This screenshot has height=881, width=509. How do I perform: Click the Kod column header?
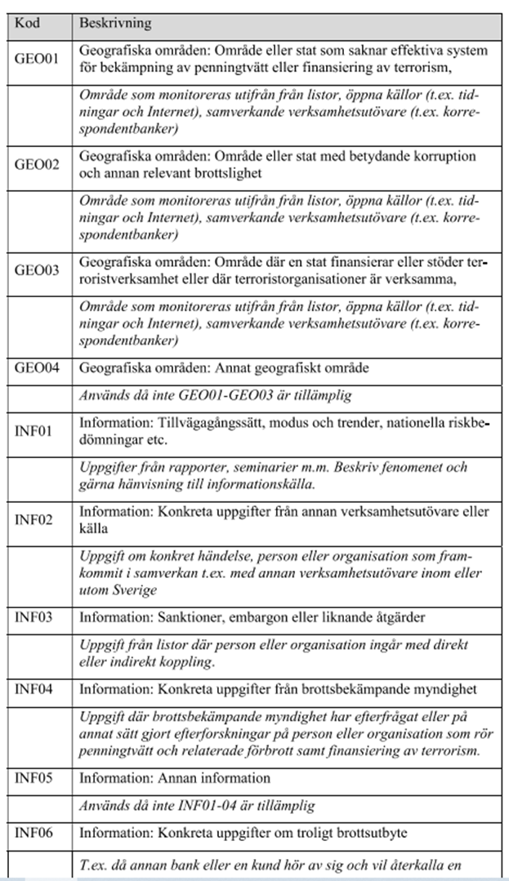28,23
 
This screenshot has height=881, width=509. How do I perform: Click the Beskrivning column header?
115,23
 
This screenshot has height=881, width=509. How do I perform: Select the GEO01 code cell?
37,59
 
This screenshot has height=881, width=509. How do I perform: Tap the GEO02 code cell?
37,163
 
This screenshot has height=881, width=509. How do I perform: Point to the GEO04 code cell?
37,367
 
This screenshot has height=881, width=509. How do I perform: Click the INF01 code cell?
33,430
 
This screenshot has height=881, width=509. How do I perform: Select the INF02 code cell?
33,518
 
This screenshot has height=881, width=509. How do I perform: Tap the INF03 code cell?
33,616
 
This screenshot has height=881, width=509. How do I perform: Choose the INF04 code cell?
33,689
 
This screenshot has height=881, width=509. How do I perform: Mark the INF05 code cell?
33,777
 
